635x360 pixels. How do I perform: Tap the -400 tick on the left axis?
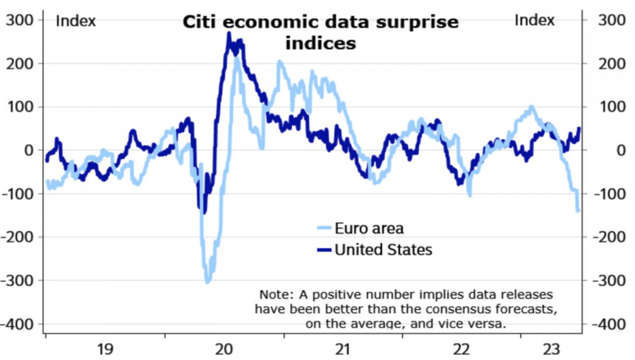[18, 324]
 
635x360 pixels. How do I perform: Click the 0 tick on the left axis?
[29, 150]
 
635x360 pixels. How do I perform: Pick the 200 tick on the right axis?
[611, 64]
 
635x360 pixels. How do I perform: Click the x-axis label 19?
[105, 349]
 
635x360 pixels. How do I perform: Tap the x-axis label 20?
[224, 349]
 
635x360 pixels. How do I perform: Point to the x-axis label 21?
[342, 349]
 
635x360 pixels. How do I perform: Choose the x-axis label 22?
[461, 349]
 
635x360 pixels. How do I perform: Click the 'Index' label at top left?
[75, 21]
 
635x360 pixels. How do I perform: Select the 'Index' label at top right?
[534, 20]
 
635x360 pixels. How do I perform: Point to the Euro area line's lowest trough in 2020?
[207, 282]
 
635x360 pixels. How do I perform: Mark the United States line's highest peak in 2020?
[229, 33]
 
